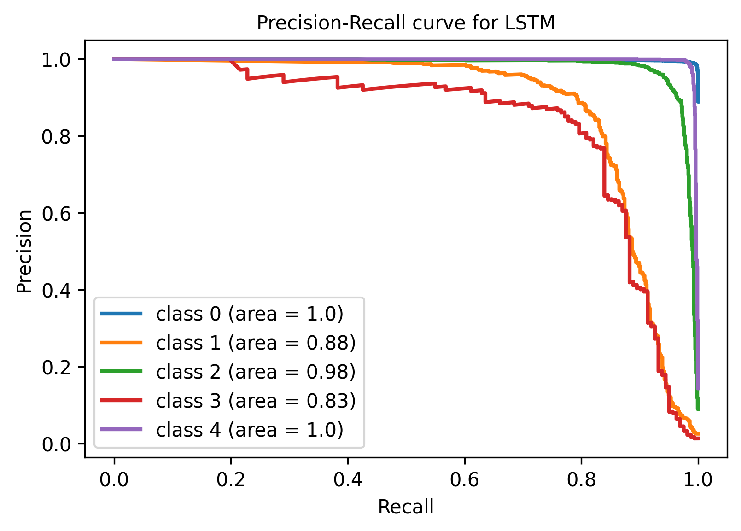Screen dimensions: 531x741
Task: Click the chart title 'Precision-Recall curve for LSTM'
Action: click(x=406, y=23)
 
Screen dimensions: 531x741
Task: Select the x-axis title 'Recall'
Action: click(x=406, y=507)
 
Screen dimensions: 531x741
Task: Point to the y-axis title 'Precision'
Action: click(x=24, y=251)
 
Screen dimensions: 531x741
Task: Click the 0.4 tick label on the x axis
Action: click(x=348, y=480)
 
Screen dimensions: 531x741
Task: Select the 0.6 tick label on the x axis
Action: click(x=465, y=480)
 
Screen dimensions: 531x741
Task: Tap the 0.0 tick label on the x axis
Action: click(x=114, y=480)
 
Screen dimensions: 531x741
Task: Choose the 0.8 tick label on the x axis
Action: click(x=582, y=480)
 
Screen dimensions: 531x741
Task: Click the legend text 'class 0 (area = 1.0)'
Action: click(x=250, y=314)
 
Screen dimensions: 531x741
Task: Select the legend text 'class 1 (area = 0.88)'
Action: click(x=256, y=343)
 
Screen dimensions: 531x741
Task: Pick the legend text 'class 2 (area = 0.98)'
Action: click(x=256, y=372)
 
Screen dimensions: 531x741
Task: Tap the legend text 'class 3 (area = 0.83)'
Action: click(x=256, y=401)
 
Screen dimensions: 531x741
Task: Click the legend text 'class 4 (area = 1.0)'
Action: click(x=250, y=430)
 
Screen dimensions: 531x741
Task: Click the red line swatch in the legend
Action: click(x=122, y=401)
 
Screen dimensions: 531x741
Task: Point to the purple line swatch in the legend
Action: click(x=122, y=430)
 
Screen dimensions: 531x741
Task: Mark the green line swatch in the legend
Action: click(x=122, y=372)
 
